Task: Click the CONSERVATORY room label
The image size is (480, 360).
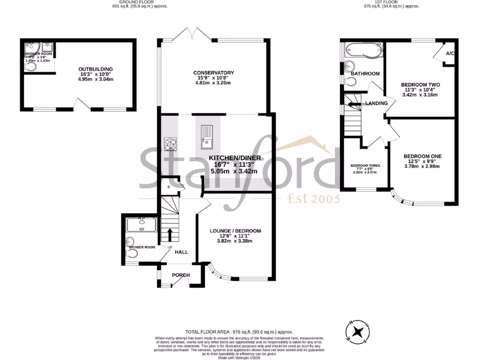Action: pos(214,73)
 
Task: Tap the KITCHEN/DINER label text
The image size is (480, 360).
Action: pos(234,158)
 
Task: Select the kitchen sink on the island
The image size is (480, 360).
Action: pos(206,135)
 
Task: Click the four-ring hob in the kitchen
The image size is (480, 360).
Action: pos(170,143)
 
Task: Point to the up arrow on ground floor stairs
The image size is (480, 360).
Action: pos(170,233)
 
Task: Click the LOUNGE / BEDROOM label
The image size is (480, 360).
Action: pos(235,231)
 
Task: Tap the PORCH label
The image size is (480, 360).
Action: pos(180,275)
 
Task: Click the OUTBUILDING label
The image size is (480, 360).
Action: pos(96,69)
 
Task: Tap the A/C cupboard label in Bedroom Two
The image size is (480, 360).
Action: pos(450,53)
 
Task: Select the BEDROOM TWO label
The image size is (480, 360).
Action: pos(420,85)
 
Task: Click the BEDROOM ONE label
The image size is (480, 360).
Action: pos(423,156)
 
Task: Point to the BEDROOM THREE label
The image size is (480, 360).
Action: pos(365,166)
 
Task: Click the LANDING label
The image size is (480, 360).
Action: pos(376,104)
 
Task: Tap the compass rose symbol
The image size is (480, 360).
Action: pos(359,331)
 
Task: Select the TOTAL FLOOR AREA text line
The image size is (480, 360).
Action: pos(240,331)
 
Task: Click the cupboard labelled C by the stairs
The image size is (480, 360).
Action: pos(169,187)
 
